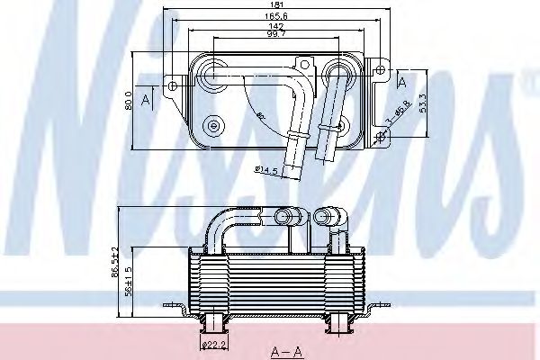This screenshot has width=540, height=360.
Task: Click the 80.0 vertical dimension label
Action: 129,99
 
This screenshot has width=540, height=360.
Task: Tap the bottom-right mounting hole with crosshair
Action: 379,136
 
